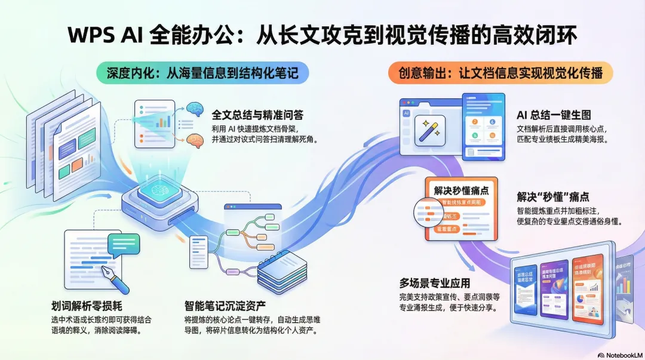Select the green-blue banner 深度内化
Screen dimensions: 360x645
click(203, 73)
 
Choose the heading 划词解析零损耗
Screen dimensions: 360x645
click(87, 306)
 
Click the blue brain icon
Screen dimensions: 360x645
click(194, 109)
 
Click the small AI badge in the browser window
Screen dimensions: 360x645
click(406, 112)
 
